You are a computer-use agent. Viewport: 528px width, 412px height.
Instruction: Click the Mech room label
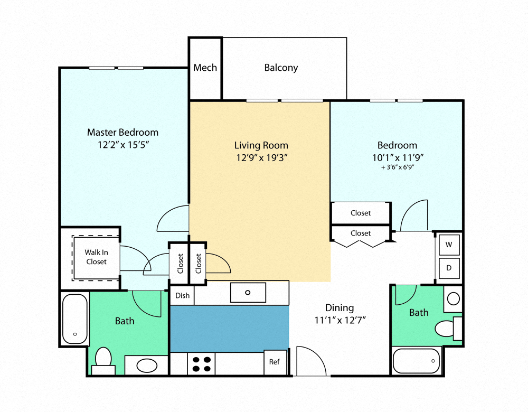coord(205,68)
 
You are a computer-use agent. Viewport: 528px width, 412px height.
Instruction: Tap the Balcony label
coord(281,68)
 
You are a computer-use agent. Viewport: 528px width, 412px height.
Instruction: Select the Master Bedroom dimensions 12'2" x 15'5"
coord(122,144)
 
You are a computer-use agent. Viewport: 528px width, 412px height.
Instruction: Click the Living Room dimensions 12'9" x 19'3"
coord(261,157)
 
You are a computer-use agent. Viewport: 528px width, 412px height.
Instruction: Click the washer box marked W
coord(449,245)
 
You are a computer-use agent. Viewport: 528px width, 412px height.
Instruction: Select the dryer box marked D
coord(449,267)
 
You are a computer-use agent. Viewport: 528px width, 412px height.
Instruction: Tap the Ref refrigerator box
coord(275,362)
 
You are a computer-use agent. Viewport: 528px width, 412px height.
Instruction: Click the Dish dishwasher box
coord(182,295)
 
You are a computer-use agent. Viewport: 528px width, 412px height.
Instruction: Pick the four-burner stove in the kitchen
coord(201,364)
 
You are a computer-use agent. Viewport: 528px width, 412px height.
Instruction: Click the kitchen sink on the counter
coord(248,292)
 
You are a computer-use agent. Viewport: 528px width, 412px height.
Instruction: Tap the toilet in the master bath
coord(103,359)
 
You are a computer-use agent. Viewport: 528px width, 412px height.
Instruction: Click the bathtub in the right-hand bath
coord(417,361)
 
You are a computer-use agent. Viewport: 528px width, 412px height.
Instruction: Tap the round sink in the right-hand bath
coord(453,299)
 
